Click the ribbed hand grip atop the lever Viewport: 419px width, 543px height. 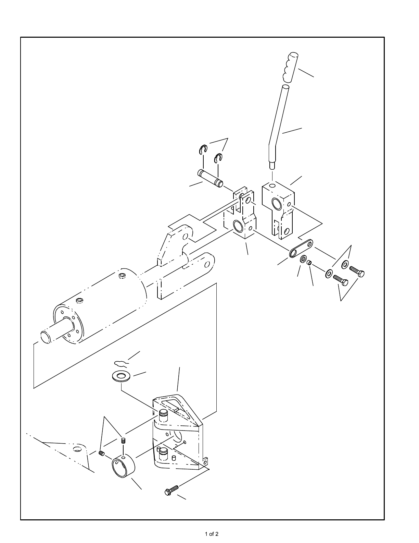point(290,67)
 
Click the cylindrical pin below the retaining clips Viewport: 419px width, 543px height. point(210,178)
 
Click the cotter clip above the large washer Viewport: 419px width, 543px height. point(120,363)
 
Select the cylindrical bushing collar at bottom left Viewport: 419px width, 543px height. point(123,466)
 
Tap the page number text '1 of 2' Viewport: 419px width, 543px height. point(212,534)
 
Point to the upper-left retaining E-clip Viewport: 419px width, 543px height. point(203,149)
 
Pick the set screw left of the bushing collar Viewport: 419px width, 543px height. point(101,453)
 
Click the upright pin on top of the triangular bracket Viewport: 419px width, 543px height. point(163,415)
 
